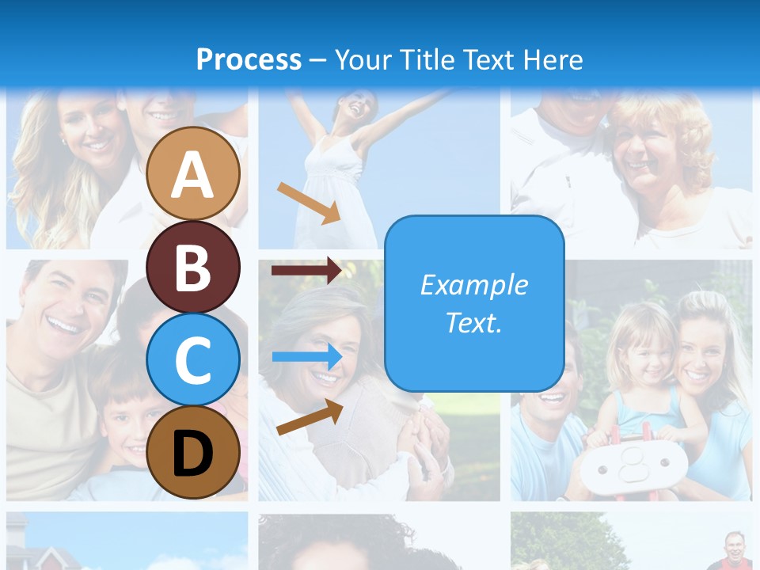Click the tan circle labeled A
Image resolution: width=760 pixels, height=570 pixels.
tap(193, 173)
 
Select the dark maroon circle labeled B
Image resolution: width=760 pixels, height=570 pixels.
tap(193, 267)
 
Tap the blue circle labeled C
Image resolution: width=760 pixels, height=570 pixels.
tap(193, 359)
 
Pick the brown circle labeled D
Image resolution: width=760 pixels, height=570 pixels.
tap(193, 452)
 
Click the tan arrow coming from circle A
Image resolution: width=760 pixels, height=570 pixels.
tap(309, 203)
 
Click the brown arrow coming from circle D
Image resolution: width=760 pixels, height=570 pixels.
tap(310, 417)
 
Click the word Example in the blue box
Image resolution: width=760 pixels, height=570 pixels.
tap(473, 285)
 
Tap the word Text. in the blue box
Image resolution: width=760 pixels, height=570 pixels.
tap(473, 322)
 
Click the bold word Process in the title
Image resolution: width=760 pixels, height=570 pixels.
tap(249, 59)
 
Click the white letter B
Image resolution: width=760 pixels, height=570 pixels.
tap(193, 268)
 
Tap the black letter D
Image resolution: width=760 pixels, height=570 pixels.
tap(193, 454)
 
